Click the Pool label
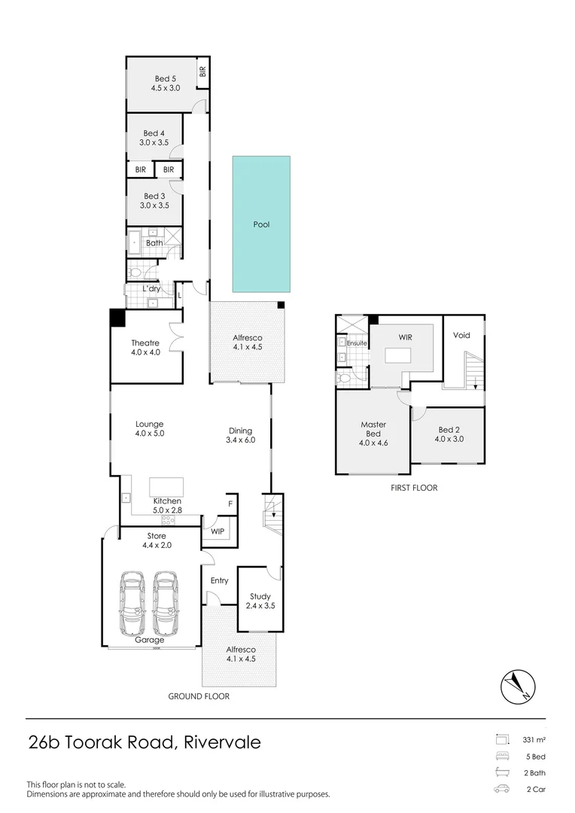pos(261,224)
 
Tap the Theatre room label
pos(145,343)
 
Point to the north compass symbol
pos(518,685)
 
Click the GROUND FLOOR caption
pos(199,696)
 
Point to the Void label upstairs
pos(461,335)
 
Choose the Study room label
pos(260,597)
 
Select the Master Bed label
pos(373,429)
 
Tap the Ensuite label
pos(357,343)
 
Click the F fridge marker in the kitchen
pos(230,504)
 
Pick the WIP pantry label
pos(217,531)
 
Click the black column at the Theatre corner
pos(117,318)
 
